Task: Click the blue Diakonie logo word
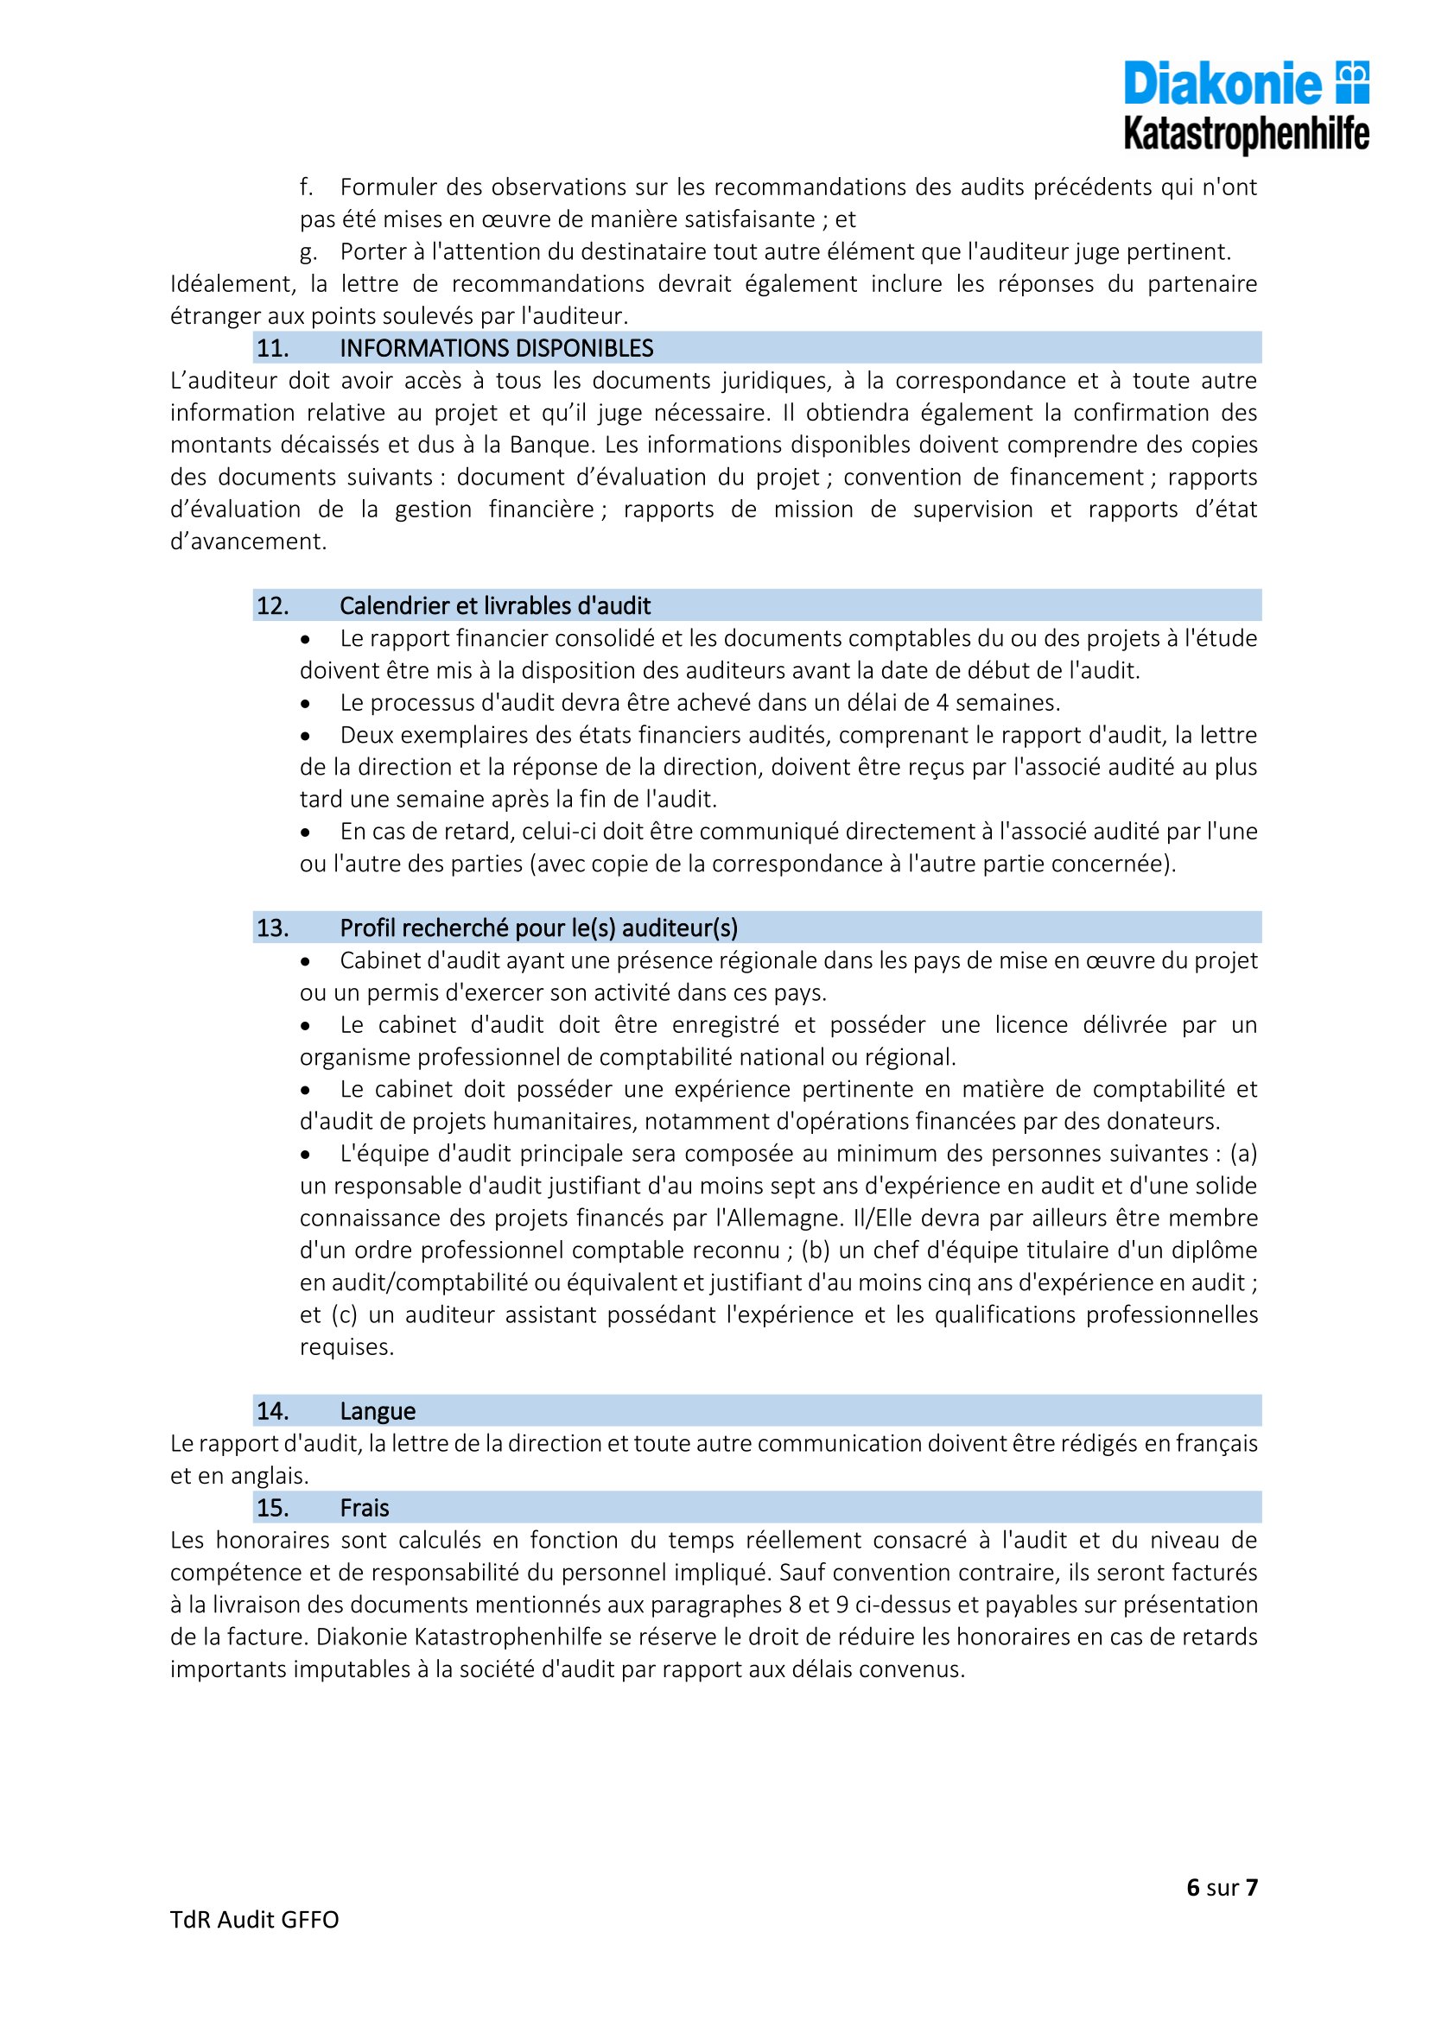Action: tap(1223, 84)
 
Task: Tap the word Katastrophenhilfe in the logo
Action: tap(1246, 135)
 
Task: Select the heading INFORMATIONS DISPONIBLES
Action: tap(496, 348)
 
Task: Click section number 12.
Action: tap(273, 606)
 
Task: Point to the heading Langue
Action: tap(378, 1411)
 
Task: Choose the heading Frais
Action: tap(365, 1508)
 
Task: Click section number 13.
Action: tap(273, 928)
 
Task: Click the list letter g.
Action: tap(307, 252)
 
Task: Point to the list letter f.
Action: tap(306, 187)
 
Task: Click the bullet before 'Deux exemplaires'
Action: tap(306, 736)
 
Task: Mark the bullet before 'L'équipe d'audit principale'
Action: tap(306, 1155)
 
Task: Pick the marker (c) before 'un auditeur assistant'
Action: tap(343, 1315)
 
